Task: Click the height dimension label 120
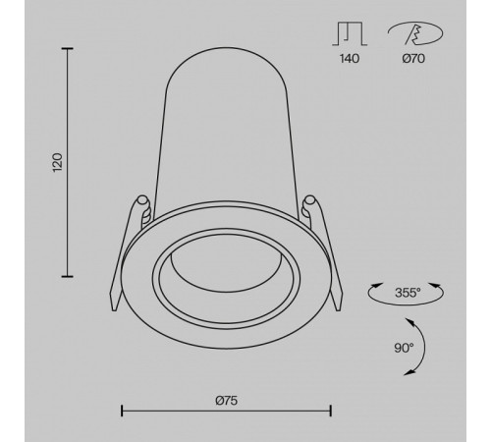pos(58,162)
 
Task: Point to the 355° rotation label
pos(406,292)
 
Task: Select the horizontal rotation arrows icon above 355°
pos(406,292)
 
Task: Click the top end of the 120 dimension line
pos(67,47)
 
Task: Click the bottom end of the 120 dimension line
pos(67,276)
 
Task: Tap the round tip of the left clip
pos(143,201)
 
